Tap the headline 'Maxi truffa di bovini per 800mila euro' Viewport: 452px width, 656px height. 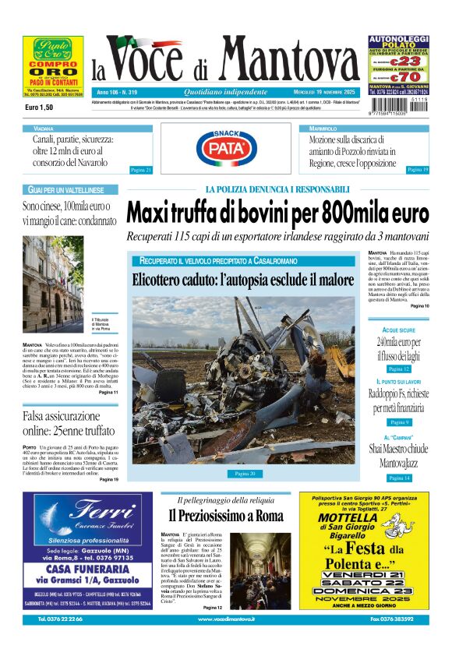[277, 212]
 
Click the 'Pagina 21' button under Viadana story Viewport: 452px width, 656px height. [140, 169]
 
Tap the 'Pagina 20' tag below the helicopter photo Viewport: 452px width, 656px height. [245, 473]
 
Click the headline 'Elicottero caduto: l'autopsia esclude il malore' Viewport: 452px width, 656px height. [242, 280]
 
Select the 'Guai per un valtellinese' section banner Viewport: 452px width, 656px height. [66, 190]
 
